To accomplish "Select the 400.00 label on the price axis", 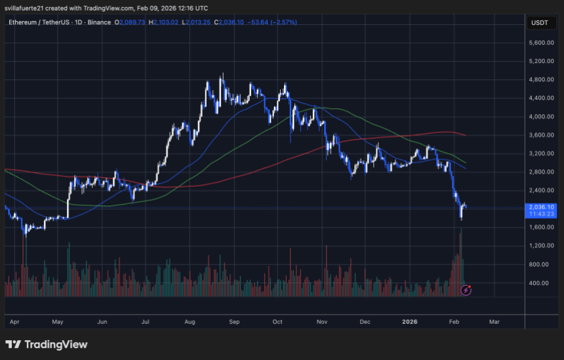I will coord(541,283).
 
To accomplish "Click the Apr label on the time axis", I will coord(13,322).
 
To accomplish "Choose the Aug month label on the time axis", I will coord(190,322).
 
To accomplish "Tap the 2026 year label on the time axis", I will coord(410,322).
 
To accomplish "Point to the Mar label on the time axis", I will coord(494,322).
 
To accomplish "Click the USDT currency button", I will coord(539,23).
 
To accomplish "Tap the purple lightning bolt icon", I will coord(466,289).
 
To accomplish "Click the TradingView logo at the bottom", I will coord(47,344).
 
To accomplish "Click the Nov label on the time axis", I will coord(321,322).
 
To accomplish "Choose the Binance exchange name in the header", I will coord(100,22).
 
